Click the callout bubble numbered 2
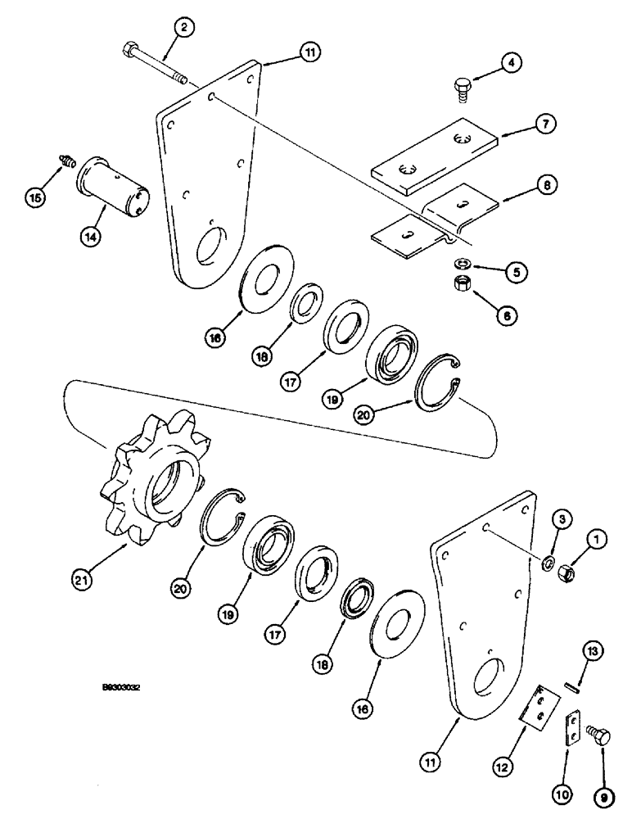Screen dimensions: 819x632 [x=185, y=28]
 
